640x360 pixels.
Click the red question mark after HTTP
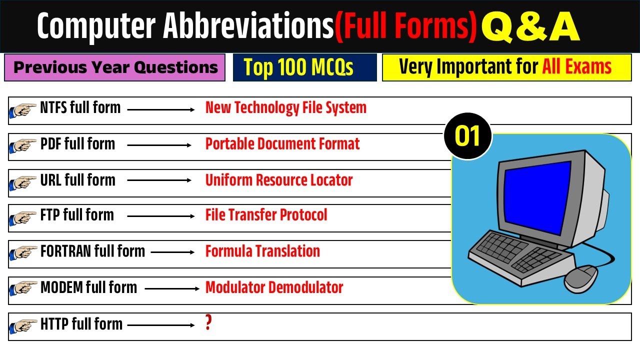(x=208, y=323)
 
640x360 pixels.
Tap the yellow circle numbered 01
(x=468, y=136)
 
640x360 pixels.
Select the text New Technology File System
(x=285, y=108)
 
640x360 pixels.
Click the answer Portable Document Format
(x=282, y=144)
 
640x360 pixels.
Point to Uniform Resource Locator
(x=279, y=180)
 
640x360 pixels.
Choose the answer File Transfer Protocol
(x=266, y=215)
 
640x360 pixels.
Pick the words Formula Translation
(x=262, y=251)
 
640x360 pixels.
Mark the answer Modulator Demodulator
(x=274, y=287)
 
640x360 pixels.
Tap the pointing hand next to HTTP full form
(x=23, y=326)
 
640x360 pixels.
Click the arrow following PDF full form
(x=159, y=145)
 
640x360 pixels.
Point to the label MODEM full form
(x=88, y=287)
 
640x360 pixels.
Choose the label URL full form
(x=77, y=180)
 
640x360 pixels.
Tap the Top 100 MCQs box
(x=304, y=67)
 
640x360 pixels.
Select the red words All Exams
(x=576, y=67)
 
